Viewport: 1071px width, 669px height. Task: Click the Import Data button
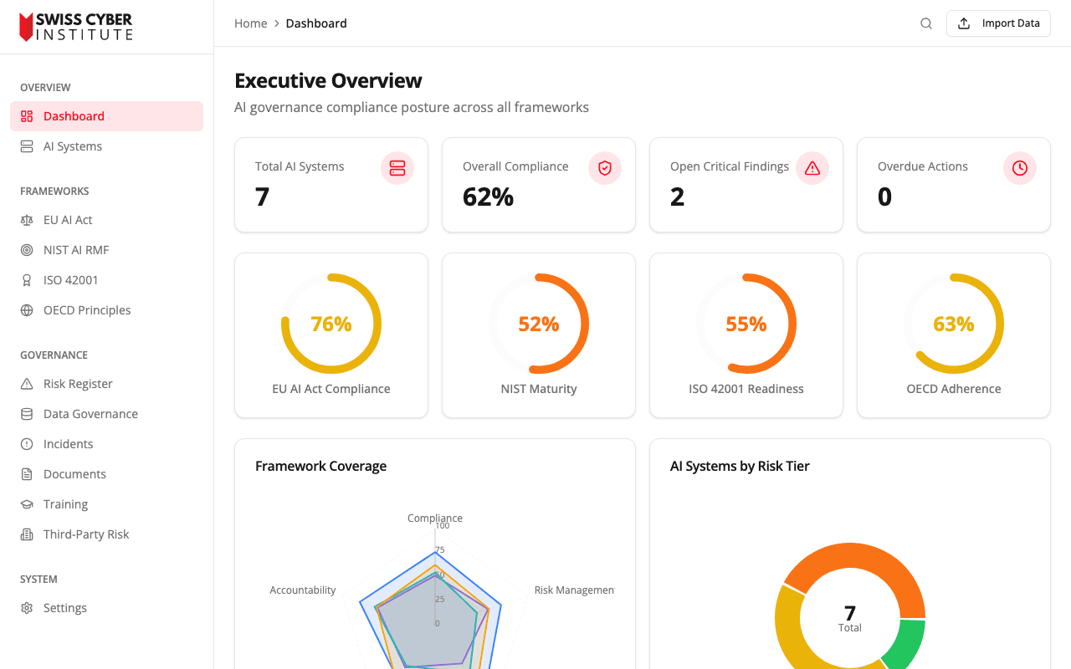[x=997, y=23]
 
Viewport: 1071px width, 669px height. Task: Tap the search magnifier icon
[x=926, y=23]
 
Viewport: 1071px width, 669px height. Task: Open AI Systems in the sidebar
[x=73, y=146]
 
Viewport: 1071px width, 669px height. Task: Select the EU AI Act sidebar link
[x=68, y=220]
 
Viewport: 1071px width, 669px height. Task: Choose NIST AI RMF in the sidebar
[x=76, y=250]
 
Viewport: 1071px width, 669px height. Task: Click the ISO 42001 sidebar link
[x=70, y=280]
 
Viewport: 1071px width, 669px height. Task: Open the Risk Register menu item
[x=78, y=384]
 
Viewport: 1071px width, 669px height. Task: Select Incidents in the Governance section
[x=68, y=444]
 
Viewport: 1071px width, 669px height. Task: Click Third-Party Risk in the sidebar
[x=86, y=534]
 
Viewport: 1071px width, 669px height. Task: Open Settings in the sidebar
[x=64, y=608]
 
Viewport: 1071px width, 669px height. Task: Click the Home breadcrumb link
[x=250, y=23]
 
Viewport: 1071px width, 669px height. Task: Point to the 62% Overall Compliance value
[x=488, y=197]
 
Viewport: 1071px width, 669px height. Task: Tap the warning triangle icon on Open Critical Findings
[x=812, y=168]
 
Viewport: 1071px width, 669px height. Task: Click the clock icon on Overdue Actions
[x=1019, y=168]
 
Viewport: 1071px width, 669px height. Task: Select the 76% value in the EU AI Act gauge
[x=331, y=324]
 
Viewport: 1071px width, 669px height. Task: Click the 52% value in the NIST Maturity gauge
[x=539, y=324]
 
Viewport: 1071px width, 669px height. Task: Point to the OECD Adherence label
[x=953, y=389]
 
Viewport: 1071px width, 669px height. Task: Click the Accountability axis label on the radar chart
[x=302, y=590]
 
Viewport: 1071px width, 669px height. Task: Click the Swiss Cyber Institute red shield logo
[x=27, y=27]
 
